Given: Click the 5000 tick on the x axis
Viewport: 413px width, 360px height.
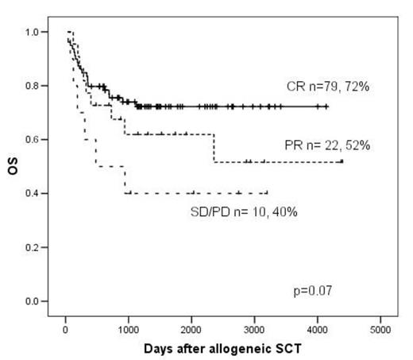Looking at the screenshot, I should pyautogui.click(x=380, y=328).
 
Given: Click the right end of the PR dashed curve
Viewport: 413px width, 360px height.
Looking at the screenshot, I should pyautogui.click(x=342, y=161).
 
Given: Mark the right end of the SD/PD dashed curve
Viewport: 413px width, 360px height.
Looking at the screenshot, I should pyautogui.click(x=268, y=192).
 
